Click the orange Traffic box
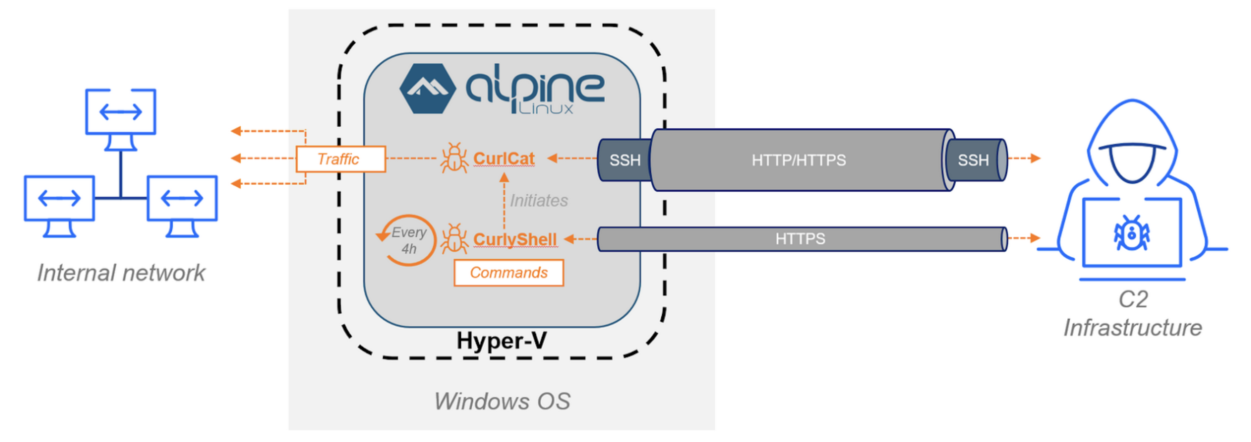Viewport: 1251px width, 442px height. tap(340, 159)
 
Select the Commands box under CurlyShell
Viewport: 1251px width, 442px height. tap(508, 272)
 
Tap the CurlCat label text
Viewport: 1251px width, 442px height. tap(504, 158)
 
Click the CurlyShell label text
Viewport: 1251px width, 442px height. tap(515, 239)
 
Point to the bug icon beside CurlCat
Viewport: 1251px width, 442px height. tap(454, 158)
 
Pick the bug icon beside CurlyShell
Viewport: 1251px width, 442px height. tap(454, 239)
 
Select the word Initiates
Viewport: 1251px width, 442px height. tap(538, 200)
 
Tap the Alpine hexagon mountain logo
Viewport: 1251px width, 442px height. tap(427, 89)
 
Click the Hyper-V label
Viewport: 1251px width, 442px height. tap(501, 341)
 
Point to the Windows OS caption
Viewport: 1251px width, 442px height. tap(502, 401)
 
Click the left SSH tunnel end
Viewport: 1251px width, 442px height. tap(625, 160)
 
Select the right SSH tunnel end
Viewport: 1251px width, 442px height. tap(974, 160)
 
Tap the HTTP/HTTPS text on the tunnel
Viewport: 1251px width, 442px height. tap(798, 160)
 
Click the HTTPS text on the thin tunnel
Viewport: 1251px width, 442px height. tap(800, 239)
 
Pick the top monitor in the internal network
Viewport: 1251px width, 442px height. tap(120, 112)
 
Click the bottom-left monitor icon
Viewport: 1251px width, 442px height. tap(59, 199)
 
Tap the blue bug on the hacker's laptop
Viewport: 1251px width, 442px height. tap(1132, 233)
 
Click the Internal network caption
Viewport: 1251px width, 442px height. tap(121, 272)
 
